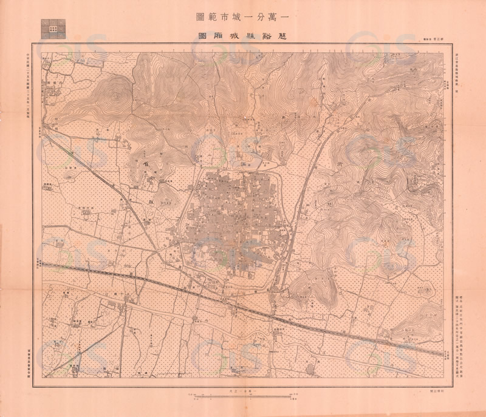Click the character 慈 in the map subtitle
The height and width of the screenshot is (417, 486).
coord(286,36)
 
